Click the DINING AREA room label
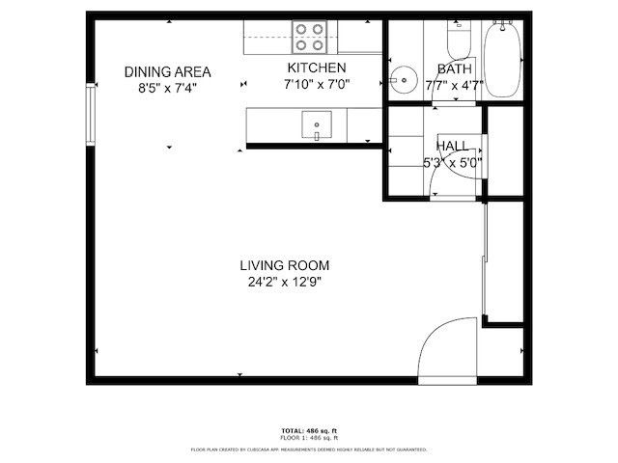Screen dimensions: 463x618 click(x=167, y=71)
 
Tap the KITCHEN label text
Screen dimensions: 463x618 click(x=317, y=68)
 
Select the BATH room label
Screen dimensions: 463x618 click(x=454, y=69)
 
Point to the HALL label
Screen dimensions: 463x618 click(x=453, y=146)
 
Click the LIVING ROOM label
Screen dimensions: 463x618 click(x=285, y=265)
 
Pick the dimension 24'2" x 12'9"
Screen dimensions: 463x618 click(x=285, y=283)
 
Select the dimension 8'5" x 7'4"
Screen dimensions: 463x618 click(x=167, y=88)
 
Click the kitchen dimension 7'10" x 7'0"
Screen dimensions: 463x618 click(x=317, y=84)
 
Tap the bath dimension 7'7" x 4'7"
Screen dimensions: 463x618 click(x=454, y=85)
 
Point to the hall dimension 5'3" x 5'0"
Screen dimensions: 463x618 click(x=453, y=162)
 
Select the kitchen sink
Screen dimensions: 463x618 click(x=317, y=124)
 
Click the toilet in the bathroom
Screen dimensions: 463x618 click(x=457, y=39)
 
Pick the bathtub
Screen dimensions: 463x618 click(x=502, y=57)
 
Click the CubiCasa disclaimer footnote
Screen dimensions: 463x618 click(x=308, y=449)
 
